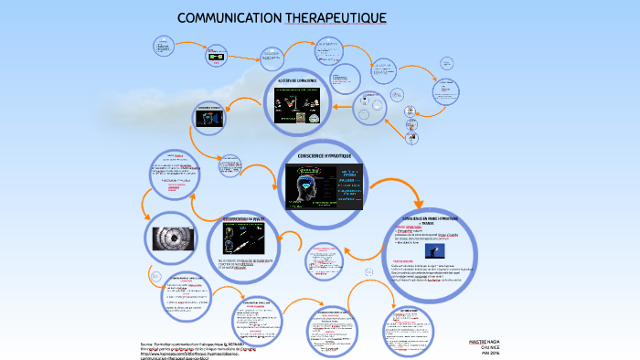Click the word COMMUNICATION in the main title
pyautogui.click(x=228, y=18)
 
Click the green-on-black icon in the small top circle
pyautogui.click(x=217, y=57)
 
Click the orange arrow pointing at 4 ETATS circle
pyautogui.click(x=339, y=107)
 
